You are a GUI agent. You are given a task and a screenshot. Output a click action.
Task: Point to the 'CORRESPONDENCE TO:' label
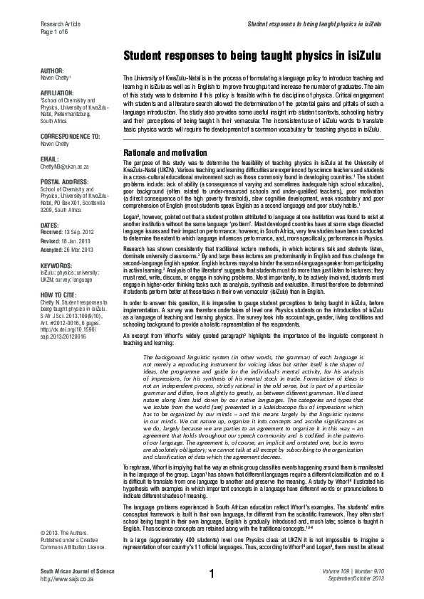pos(70,134)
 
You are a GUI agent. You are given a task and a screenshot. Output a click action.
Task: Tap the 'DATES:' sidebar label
pos(51,224)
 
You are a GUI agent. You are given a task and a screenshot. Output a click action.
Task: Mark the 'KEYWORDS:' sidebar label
pos(57,265)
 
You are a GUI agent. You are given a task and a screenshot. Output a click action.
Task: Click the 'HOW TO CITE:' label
pos(60,293)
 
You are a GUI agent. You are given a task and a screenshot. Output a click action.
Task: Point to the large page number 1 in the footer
pos(212,573)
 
